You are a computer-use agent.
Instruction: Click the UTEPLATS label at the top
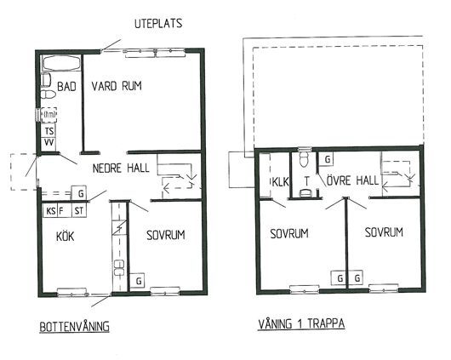pos(158,23)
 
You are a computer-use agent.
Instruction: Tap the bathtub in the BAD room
pos(61,63)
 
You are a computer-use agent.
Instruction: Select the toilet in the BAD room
pos(48,94)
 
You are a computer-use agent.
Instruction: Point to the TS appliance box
pos(49,131)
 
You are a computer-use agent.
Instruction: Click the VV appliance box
pos(49,143)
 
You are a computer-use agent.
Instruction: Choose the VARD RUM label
pos(117,86)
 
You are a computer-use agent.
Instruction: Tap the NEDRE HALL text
pos(121,168)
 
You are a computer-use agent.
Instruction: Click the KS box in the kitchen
pos(50,211)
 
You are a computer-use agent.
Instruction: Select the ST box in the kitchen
pos(79,211)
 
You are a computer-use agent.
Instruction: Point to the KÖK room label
pos(65,237)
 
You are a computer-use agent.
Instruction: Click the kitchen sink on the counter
pos(119,267)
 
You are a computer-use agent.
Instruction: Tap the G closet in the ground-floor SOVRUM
pos(138,280)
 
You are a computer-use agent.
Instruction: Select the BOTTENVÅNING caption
pos(75,327)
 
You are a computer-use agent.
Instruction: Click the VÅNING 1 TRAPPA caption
pos(301,323)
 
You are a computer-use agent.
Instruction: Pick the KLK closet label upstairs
pos(281,182)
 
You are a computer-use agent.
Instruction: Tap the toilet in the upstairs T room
pos(304,159)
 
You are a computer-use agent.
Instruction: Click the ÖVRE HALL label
pos(352,180)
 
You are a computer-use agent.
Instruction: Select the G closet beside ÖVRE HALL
pos(326,159)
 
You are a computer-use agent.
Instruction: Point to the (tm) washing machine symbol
pos(49,115)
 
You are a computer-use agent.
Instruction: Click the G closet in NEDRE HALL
pos(79,192)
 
